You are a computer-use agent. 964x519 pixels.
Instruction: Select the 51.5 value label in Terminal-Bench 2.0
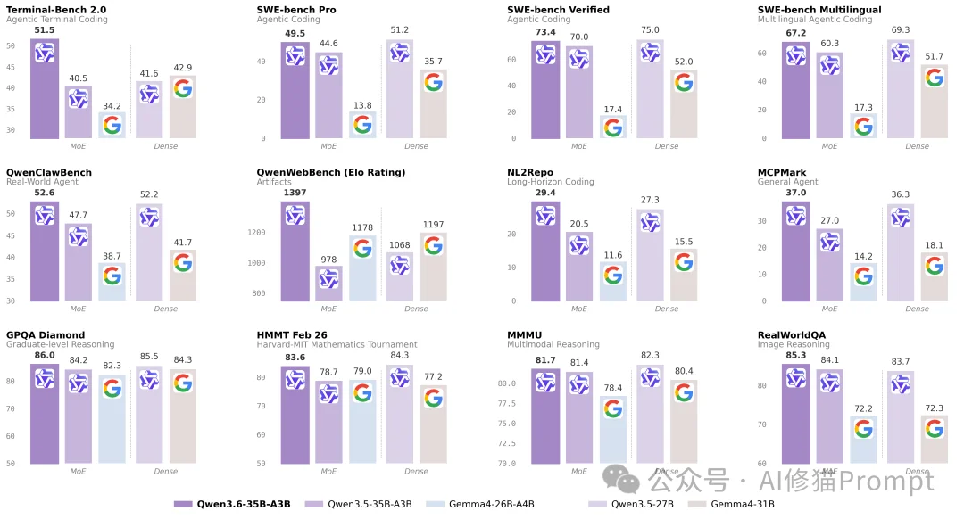tap(45, 30)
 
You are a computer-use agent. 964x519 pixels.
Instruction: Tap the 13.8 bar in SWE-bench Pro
tap(362, 126)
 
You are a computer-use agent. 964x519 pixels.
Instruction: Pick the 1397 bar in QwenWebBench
tap(295, 251)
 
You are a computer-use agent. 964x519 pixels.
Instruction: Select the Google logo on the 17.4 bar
tap(612, 128)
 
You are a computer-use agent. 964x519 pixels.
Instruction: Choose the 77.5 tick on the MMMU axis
tap(505, 403)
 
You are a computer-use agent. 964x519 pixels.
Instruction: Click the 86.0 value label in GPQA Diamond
tap(45, 355)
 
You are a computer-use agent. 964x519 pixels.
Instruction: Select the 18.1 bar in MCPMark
tap(934, 277)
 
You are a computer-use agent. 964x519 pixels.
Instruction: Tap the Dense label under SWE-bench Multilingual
tap(917, 146)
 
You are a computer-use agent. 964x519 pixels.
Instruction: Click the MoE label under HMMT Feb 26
tap(328, 471)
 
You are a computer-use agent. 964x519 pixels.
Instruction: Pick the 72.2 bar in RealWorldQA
tap(863, 440)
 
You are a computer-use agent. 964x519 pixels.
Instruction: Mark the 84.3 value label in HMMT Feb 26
tap(399, 357)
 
